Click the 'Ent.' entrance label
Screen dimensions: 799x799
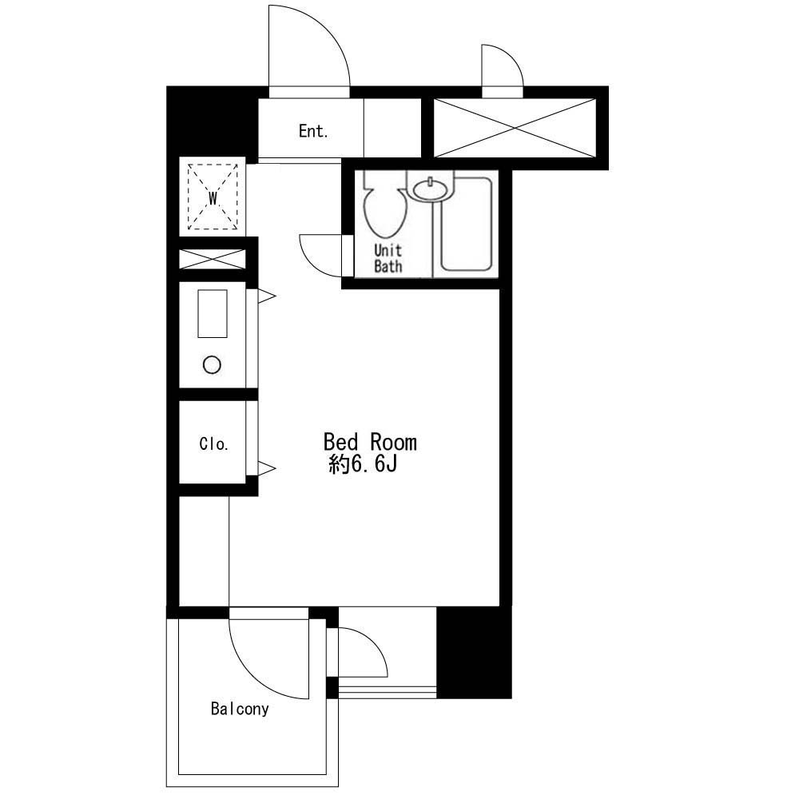[x=313, y=132]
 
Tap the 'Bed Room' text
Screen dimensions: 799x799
[x=369, y=442]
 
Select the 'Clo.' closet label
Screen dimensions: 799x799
[x=213, y=444]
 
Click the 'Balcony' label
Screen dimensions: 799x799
[x=240, y=709]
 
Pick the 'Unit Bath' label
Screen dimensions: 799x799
[x=388, y=259]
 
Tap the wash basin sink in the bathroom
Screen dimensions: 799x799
[x=430, y=189]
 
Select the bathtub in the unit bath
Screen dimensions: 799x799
[x=466, y=225]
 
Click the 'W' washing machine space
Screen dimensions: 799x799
[x=213, y=197]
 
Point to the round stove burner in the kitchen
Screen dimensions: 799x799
[x=211, y=365]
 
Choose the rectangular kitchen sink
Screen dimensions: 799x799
[x=212, y=313]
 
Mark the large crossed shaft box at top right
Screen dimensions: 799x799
[x=514, y=128]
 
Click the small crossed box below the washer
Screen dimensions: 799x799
[x=212, y=259]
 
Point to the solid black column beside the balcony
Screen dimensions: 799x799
[x=473, y=653]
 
